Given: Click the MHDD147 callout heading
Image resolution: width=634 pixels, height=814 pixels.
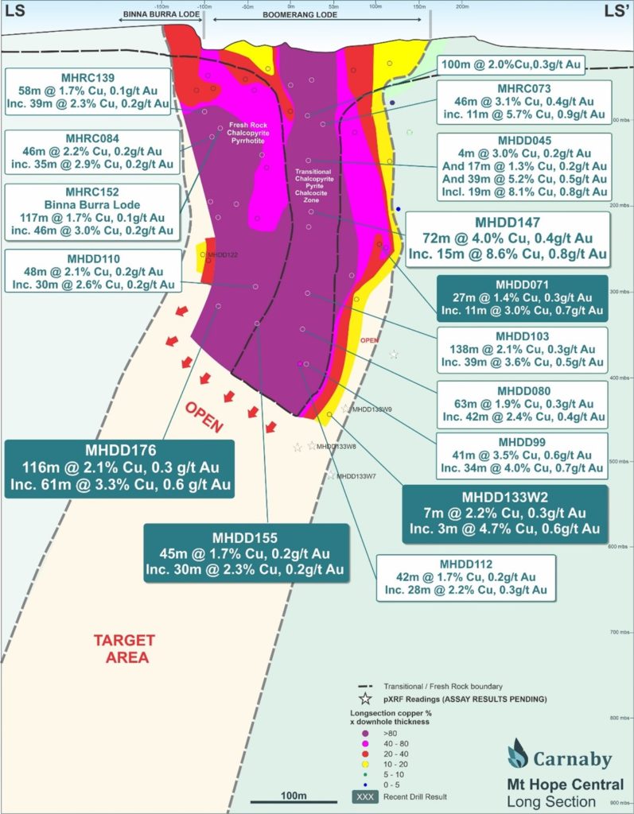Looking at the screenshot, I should coord(508,223).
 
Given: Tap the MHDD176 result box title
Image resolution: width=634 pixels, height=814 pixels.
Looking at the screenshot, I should coord(119,450).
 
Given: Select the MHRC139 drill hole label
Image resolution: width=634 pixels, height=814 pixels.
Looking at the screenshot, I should coord(88,77).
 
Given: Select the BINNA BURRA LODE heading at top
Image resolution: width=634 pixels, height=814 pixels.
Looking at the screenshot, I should coord(160,16).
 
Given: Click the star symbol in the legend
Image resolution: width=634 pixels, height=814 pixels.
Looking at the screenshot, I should coord(366,699).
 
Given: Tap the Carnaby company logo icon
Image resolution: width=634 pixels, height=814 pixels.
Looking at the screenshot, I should coord(518,753).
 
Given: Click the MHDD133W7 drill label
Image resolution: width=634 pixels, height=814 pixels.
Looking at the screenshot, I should coord(356,476).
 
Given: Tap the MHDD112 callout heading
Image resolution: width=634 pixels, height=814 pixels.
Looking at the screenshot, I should coord(465,563).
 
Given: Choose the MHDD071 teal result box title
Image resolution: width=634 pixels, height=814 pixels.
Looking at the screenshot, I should coord(523,284).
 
